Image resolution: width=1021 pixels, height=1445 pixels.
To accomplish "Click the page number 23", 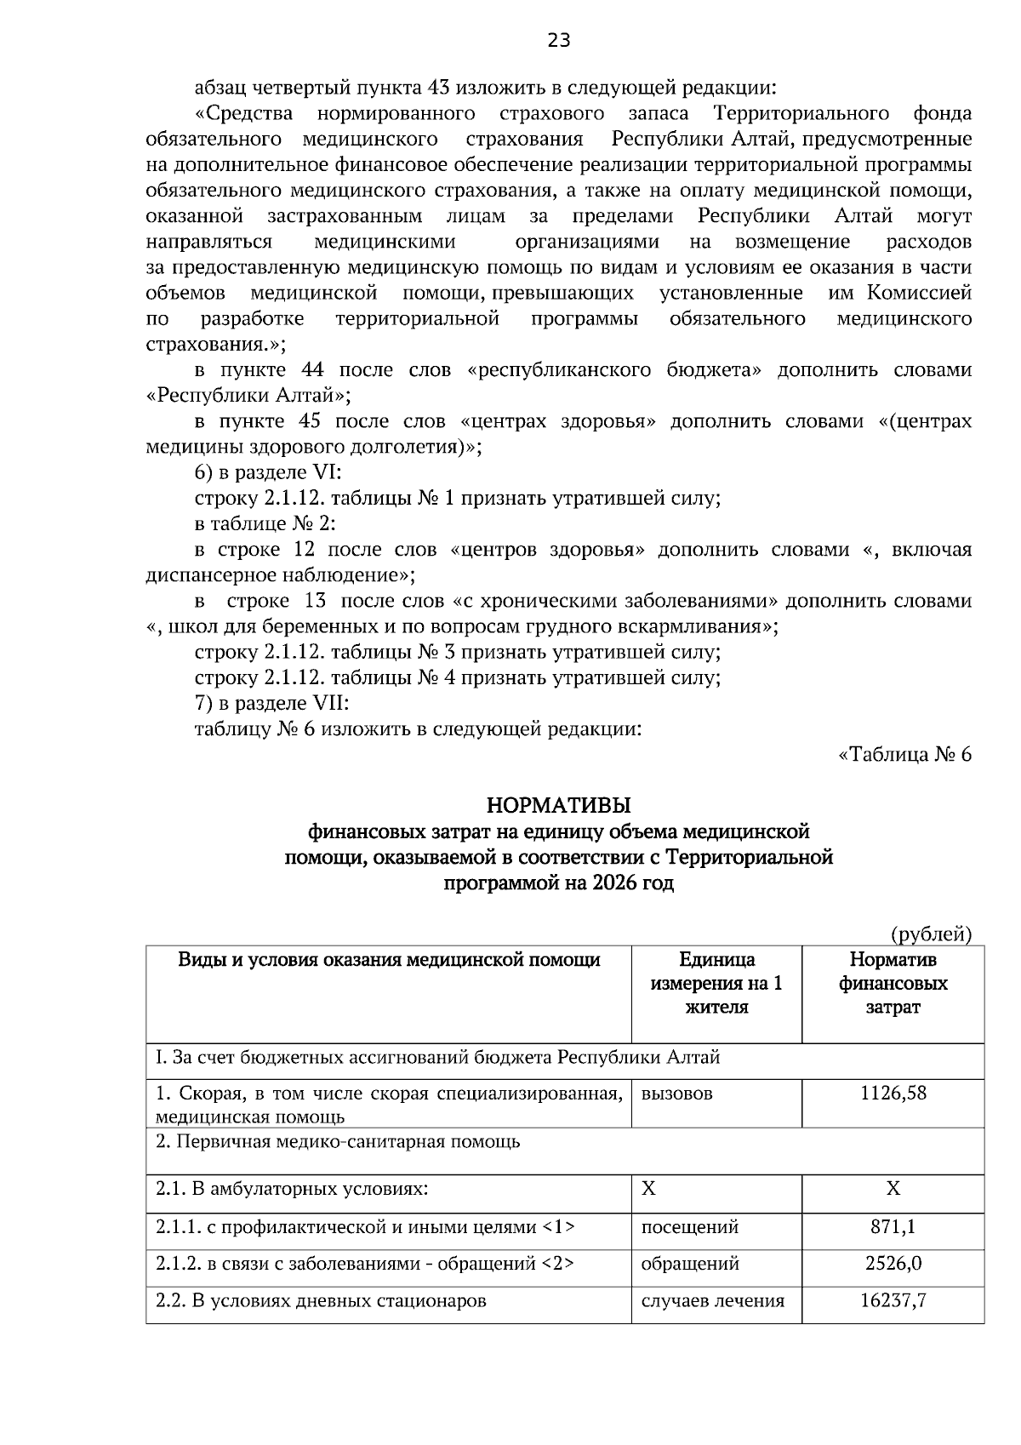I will pos(559,41).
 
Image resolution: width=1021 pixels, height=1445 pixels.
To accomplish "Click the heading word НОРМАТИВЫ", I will pos(558,804).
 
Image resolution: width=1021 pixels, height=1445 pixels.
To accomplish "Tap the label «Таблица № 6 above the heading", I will pos(904,755).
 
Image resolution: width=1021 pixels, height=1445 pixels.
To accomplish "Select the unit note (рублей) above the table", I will pos(930,934).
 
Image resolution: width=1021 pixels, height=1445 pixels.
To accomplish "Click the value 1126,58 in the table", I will pos(893,1093).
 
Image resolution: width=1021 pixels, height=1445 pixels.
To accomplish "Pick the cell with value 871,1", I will pos(893,1227).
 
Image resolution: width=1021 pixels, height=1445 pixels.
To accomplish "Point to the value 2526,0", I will pos(893,1264).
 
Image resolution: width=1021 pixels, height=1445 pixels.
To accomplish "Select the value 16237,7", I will pos(893,1300).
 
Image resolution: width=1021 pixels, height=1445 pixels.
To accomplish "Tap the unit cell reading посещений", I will pos(689,1227).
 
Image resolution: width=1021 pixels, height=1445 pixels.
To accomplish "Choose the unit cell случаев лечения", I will pos(712,1300).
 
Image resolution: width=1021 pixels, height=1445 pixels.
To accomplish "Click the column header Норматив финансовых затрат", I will pos(893,984).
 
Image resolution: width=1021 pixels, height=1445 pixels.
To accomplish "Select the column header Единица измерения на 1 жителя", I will pos(716,984).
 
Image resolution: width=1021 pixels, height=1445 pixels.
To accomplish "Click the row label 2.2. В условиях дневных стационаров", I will pos(321,1300).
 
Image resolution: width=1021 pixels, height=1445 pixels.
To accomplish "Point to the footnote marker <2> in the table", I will pos(557,1264).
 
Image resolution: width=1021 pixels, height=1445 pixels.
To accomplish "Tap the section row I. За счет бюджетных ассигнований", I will pos(437,1058).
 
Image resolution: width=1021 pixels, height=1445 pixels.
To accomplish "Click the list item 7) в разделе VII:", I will pos(272,704).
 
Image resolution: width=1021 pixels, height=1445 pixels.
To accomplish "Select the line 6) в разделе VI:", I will pos(268,473).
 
